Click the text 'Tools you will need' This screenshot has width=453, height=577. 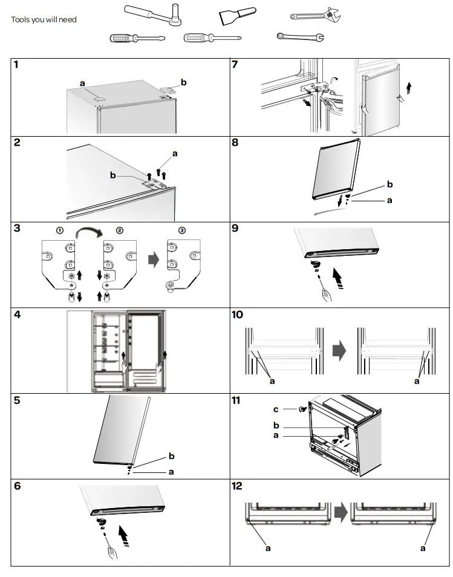(x=44, y=19)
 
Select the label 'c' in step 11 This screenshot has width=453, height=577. (x=293, y=409)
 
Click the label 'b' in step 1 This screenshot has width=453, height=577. (x=184, y=82)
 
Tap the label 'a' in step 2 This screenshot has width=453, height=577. (x=175, y=154)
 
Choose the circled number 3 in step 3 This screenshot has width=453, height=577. (x=182, y=230)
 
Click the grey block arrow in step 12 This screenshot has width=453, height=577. (x=341, y=513)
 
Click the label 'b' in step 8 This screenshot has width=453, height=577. (x=389, y=184)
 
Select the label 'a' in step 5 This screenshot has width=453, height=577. (x=171, y=472)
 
